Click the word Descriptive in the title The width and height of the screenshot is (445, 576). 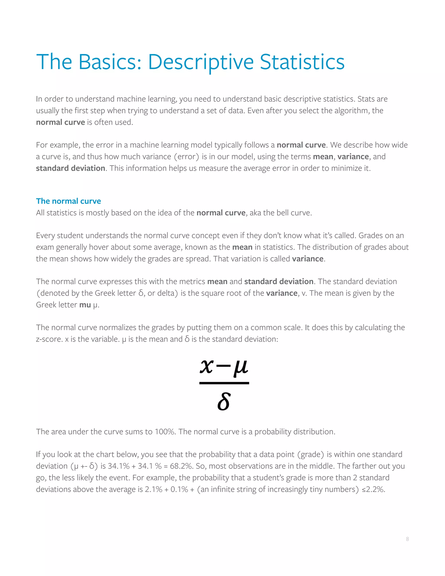tap(201, 62)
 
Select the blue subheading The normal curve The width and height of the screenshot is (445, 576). tap(68, 201)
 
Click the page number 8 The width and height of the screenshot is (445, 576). tap(407, 539)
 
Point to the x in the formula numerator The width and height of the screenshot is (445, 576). tap(206, 367)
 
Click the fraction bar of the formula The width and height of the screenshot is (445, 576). tap(224, 383)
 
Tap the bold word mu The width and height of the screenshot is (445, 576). tap(85, 305)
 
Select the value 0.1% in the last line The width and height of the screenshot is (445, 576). tap(179, 489)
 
